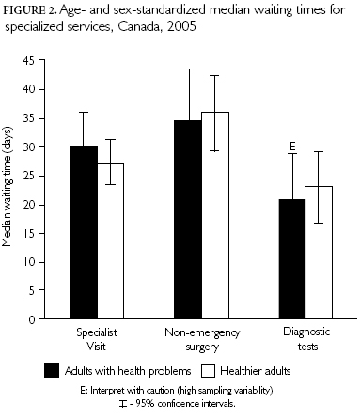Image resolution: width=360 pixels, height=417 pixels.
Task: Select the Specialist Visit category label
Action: point(98,337)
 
